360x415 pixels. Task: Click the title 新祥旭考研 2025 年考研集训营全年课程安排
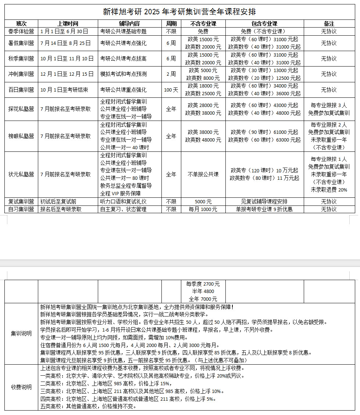179,12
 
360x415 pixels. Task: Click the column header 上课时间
68,24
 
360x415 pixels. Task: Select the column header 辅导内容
129,24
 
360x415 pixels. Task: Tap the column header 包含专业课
264,24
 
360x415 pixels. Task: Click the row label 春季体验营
21,31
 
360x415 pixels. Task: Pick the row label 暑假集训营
21,43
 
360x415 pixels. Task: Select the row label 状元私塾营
21,174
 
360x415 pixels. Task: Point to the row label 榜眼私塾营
21,136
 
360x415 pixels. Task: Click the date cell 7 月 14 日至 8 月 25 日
68,43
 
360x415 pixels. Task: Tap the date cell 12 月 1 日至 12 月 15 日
68,74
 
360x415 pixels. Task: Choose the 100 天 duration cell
171,89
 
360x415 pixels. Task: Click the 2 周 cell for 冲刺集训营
171,74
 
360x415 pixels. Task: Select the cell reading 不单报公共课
203,174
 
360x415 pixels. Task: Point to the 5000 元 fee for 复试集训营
203,201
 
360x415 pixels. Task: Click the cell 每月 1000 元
203,209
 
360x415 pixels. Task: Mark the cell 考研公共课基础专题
123,31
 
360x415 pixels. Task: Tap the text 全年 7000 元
203,299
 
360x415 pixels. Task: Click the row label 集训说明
21,333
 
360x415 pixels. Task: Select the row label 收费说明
21,387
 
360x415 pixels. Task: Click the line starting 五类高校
88,406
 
